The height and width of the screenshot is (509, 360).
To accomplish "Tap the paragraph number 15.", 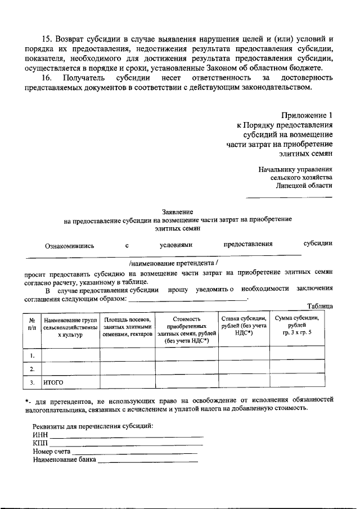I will [47, 38].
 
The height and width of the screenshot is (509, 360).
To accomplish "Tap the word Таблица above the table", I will [320, 306].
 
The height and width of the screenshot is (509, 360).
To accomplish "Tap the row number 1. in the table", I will [33, 355].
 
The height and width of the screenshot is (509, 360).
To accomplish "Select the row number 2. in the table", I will [33, 369].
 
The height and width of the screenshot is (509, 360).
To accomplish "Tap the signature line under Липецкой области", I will [290, 196].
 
